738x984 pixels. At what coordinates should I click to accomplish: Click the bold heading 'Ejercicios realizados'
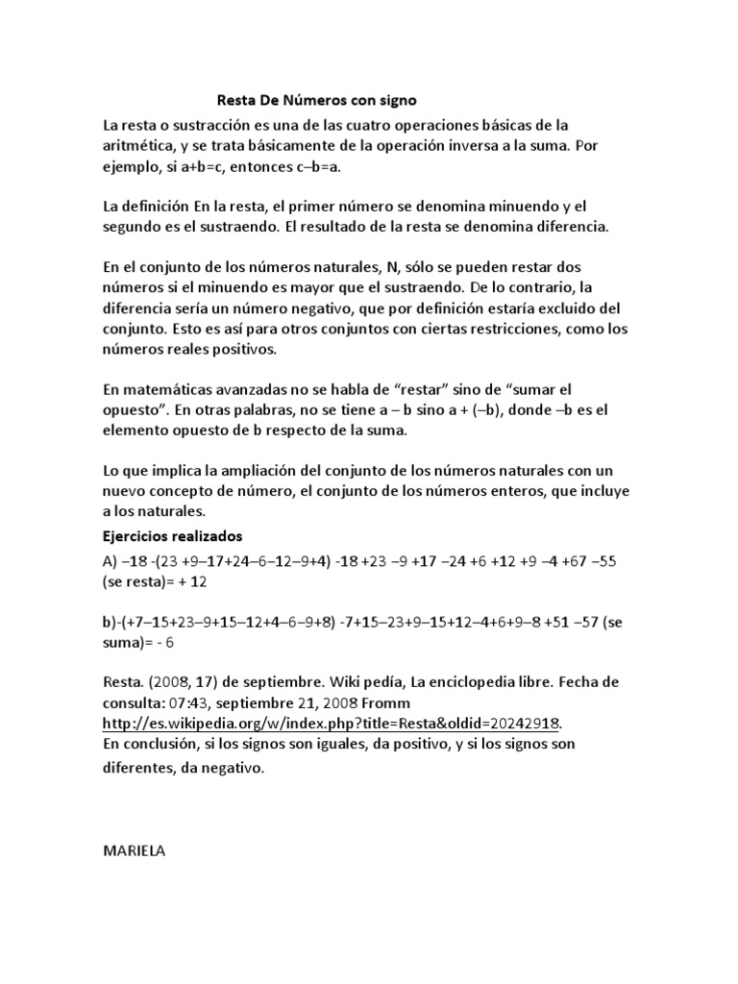click(172, 534)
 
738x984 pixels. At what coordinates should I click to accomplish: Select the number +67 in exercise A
click(574, 560)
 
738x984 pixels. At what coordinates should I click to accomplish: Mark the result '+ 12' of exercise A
click(191, 582)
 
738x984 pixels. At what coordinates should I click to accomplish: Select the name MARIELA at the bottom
click(134, 851)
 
